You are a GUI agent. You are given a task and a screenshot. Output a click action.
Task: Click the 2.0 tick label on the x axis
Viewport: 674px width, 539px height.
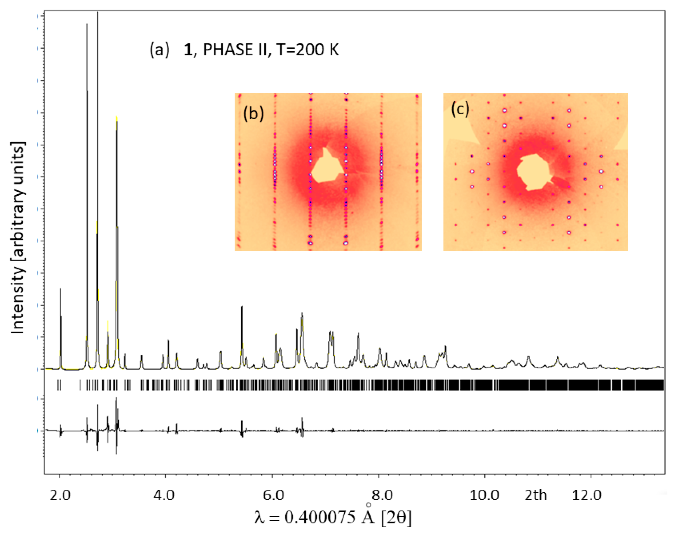pos(60,496)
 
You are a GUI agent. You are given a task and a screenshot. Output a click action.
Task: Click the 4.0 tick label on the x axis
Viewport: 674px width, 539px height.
pos(164,496)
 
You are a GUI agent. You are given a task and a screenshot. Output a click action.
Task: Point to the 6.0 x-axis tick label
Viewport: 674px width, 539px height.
pos(273,496)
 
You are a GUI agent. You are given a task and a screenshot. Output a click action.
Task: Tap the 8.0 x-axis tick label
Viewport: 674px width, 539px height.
pos(382,496)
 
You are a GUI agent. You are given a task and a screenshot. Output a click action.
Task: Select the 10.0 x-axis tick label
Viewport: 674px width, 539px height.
pos(484,496)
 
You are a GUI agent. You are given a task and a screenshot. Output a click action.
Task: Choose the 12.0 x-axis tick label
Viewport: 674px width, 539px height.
pos(586,496)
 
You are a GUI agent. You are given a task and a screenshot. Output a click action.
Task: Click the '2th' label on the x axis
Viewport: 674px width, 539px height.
pos(535,496)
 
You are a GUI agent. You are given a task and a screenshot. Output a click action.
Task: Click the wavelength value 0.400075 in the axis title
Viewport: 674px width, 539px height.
pos(320,517)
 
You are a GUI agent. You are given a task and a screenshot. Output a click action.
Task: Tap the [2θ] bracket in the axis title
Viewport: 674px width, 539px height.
pos(396,517)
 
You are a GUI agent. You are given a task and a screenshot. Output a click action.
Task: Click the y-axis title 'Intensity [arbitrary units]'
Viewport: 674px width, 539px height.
pos(18,237)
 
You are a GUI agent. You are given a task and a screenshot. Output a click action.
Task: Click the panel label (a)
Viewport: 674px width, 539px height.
pos(159,50)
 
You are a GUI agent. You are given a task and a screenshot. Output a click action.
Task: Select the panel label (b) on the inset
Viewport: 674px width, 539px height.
pos(254,113)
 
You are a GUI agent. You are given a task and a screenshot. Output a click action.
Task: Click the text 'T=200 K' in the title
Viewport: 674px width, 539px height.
pos(308,50)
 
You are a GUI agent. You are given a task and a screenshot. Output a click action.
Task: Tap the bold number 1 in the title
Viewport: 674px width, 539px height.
pos(188,50)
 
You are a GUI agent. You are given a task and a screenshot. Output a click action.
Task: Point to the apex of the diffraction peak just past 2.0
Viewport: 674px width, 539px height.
pos(61,289)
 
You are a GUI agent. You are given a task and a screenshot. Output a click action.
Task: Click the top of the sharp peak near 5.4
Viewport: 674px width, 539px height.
pos(242,307)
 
